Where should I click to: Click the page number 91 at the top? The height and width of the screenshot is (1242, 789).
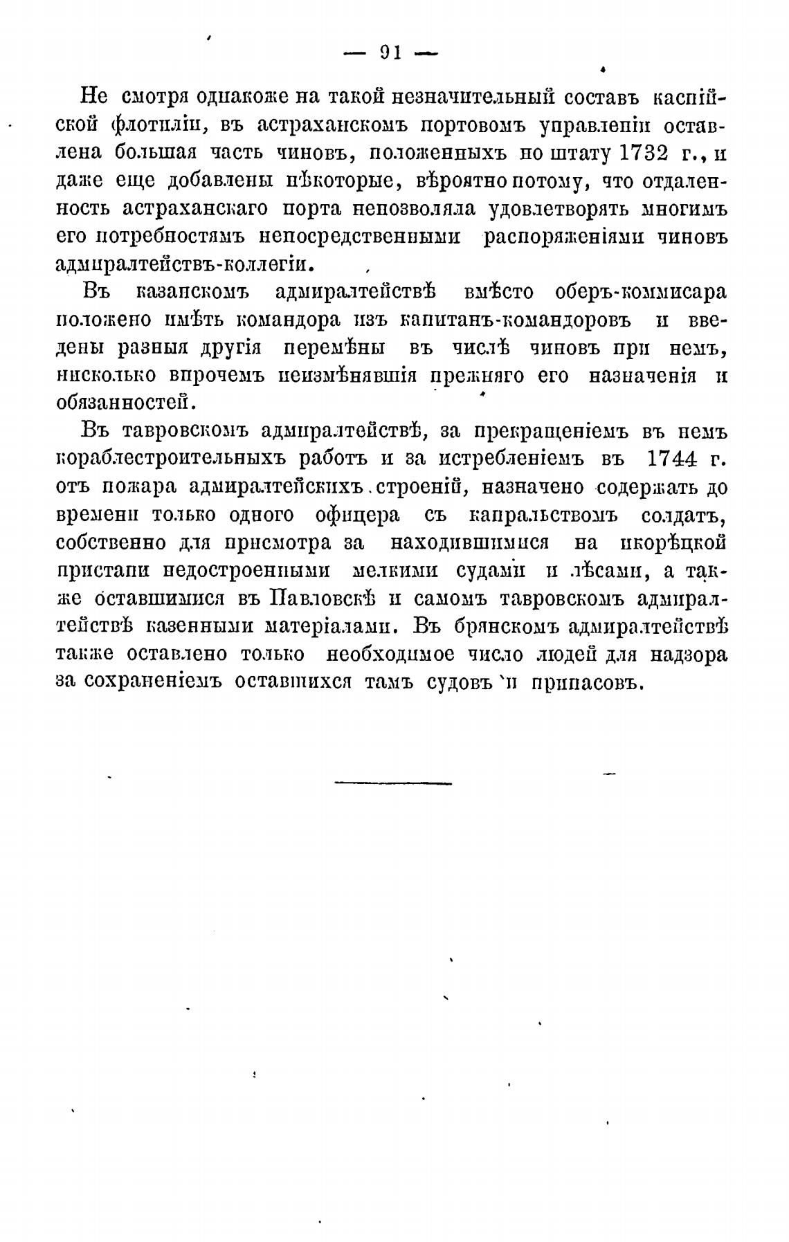[392, 53]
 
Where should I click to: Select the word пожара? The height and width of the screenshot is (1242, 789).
[138, 487]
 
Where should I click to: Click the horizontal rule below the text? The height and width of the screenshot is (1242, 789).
[393, 783]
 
